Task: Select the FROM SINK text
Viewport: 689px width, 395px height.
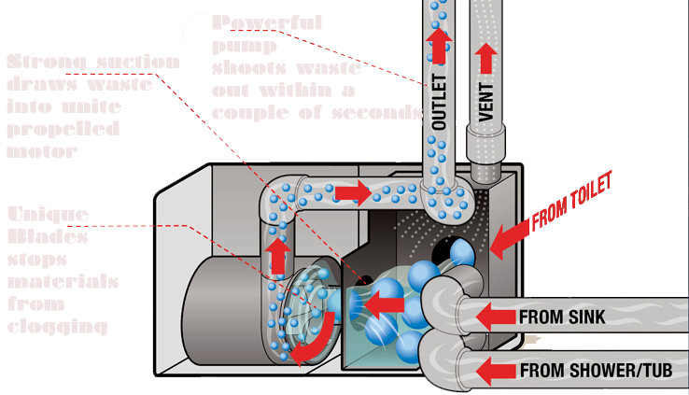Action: pos(561,317)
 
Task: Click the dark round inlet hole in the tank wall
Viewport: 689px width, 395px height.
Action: pos(459,251)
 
